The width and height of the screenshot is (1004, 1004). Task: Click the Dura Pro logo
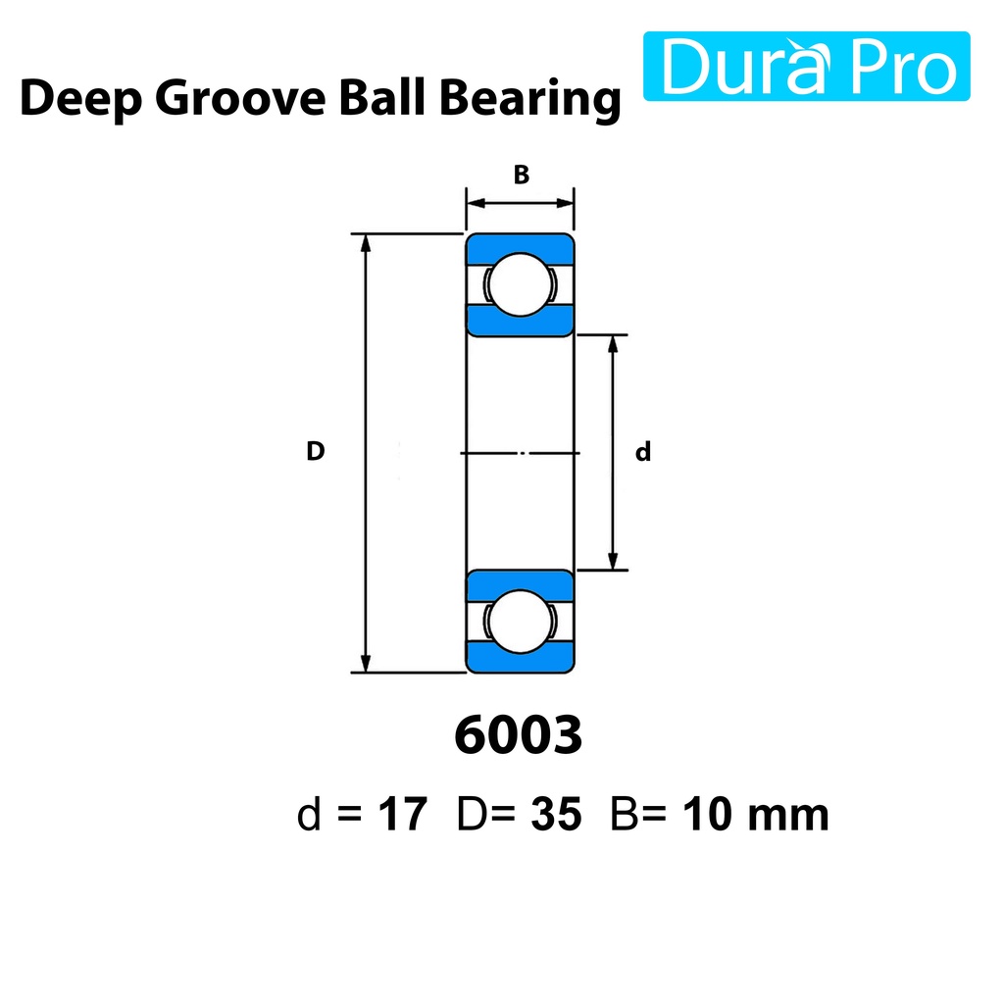806,66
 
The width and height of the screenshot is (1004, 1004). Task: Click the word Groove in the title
240,98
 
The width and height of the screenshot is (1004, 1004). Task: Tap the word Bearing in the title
530,99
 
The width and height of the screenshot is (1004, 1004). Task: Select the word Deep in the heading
80,99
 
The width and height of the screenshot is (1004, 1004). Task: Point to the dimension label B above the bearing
522,175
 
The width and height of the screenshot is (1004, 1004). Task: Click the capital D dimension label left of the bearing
316,451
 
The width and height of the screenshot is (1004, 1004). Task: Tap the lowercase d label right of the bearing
643,451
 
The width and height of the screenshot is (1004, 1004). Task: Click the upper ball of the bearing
520,284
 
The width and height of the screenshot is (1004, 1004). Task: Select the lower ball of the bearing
520,621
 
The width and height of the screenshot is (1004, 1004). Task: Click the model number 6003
519,735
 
